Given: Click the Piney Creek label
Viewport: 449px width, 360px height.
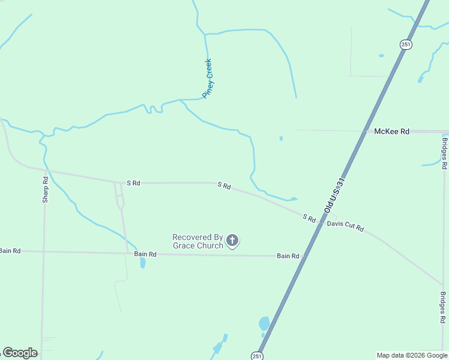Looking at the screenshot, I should point(208,78).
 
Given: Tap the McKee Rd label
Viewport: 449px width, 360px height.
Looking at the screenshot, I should point(391,131).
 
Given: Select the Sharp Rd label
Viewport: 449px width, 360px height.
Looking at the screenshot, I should point(45,190).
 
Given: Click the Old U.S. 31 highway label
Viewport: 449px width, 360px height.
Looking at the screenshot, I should point(334,195).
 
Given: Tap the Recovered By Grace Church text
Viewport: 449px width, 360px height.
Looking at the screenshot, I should point(197,241).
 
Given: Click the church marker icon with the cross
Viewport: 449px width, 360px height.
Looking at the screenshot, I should point(232,241).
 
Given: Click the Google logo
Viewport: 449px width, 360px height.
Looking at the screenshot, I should point(20,353).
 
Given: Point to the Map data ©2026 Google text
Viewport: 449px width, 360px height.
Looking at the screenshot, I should point(412,355).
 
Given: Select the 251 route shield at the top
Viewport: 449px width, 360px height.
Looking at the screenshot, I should point(406,44).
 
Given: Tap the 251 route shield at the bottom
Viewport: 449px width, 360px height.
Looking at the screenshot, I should point(257,355).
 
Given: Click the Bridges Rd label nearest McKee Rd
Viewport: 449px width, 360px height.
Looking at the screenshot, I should point(444,153).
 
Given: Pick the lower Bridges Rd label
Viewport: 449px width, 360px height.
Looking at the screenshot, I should point(443,308).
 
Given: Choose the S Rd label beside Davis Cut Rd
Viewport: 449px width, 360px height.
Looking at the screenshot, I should point(309,218).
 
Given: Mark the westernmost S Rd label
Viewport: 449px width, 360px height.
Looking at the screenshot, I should point(133,183).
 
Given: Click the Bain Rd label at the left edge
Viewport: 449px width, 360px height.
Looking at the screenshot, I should point(10,250).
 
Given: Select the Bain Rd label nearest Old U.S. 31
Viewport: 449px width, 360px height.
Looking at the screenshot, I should point(288,256).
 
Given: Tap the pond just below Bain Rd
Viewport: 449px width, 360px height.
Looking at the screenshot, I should point(143,263).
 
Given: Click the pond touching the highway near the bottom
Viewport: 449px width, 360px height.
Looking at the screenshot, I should point(264,323).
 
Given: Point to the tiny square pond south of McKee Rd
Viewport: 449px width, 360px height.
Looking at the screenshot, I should point(281,139).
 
